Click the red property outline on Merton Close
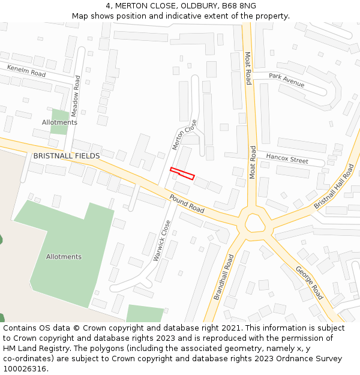pos(182,173)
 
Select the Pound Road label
pos(187,203)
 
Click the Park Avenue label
pos(286,80)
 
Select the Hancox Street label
pos(287,159)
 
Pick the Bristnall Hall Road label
pos(334,187)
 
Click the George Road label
pos(309,283)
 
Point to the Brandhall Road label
pos(223,277)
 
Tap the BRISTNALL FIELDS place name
pos(67,156)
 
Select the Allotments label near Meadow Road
pos(59,122)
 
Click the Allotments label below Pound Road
pos(64,257)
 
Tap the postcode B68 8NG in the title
pos(239,5)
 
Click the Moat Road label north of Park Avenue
pos(248,68)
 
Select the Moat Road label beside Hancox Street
pos(253,162)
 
